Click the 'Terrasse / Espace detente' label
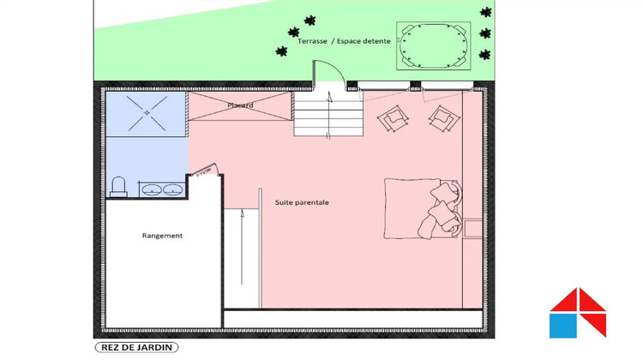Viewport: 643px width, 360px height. [x=343, y=41]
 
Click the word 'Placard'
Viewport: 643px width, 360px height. [x=240, y=105]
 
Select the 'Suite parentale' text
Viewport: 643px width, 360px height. [x=302, y=202]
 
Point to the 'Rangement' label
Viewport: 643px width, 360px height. [x=162, y=235]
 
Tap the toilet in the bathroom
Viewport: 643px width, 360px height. [x=119, y=186]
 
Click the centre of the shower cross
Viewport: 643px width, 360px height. [x=145, y=111]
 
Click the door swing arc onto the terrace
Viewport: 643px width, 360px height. [x=329, y=72]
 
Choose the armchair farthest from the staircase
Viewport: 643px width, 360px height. [x=442, y=117]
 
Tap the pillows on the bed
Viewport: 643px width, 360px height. [x=442, y=208]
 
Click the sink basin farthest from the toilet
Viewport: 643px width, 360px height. [x=172, y=189]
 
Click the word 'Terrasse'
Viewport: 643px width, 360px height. [x=312, y=41]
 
